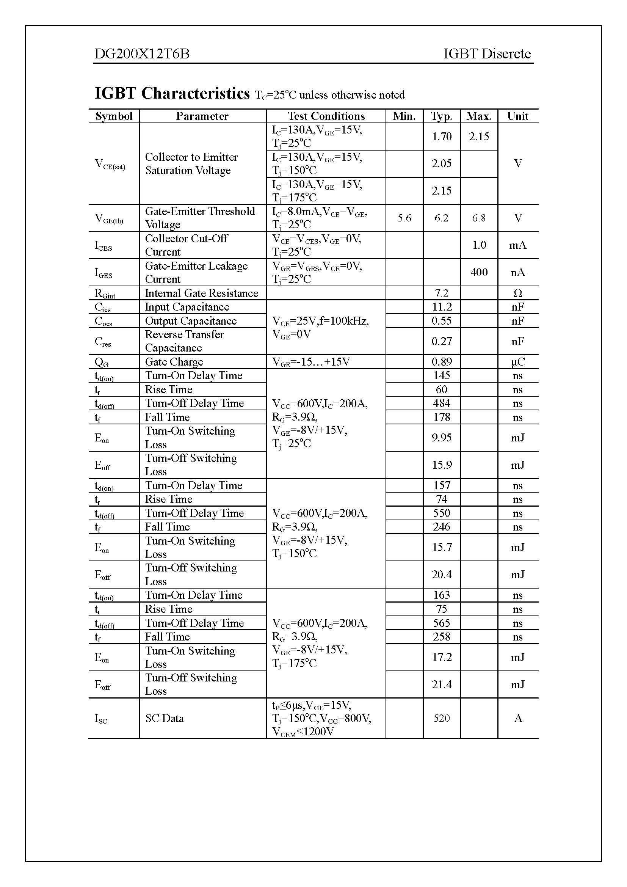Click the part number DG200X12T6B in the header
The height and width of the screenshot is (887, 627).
click(142, 54)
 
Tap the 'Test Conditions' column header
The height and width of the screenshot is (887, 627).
click(326, 116)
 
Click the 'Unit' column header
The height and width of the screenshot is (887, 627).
click(517, 116)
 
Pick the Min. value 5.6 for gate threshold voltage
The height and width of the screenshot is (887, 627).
click(404, 218)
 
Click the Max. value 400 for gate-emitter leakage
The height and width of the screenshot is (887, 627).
click(479, 272)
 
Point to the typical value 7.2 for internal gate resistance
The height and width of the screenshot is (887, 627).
click(441, 293)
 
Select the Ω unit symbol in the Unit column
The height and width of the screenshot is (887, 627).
click(517, 293)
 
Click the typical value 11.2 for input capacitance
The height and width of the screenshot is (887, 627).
click(441, 307)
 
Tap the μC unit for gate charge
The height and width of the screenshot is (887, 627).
click(517, 362)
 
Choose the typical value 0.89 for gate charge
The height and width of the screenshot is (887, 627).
click(441, 362)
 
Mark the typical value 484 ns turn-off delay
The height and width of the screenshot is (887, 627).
click(441, 403)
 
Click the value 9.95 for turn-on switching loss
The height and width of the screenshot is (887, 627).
click(441, 438)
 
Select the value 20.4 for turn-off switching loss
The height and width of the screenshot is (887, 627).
click(441, 575)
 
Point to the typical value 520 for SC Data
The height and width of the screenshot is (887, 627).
click(441, 718)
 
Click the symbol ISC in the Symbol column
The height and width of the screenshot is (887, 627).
click(101, 719)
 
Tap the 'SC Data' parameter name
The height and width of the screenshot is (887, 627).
click(164, 719)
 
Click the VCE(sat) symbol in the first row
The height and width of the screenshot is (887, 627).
click(110, 164)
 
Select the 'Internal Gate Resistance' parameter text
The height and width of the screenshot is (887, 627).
click(201, 293)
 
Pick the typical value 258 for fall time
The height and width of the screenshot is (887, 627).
click(441, 637)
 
